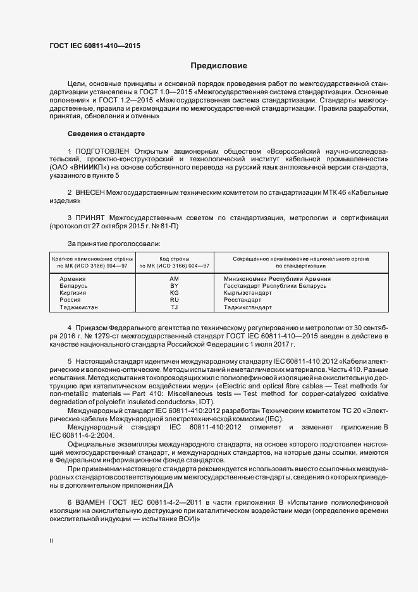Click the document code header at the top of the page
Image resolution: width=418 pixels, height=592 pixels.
pyautogui.click(x=95, y=46)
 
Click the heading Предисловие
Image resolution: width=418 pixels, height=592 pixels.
pyautogui.click(x=219, y=66)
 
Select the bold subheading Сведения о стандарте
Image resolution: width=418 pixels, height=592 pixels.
pyautogui.click(x=106, y=134)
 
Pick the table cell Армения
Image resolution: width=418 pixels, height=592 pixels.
pyautogui.click(x=73, y=279)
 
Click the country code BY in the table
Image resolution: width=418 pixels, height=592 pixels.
pyautogui.click(x=175, y=286)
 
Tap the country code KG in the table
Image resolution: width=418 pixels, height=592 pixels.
pyautogui.click(x=175, y=293)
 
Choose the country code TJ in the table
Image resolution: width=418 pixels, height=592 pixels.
pyautogui.click(x=175, y=307)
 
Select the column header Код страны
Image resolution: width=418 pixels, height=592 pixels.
pyautogui.click(x=175, y=259)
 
